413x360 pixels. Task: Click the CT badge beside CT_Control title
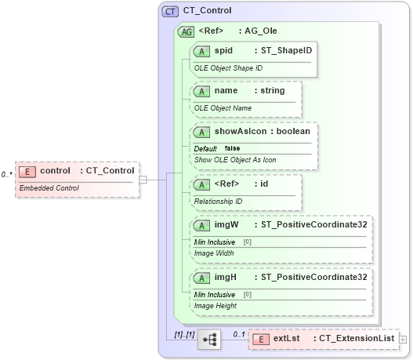pyautogui.click(x=169, y=12)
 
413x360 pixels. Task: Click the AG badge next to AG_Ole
pyautogui.click(x=186, y=32)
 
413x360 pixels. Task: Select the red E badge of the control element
pyautogui.click(x=27, y=171)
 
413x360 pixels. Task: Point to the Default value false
pyautogui.click(x=233, y=148)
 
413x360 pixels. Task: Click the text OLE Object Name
pyautogui.click(x=223, y=107)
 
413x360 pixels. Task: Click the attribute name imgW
pyautogui.click(x=226, y=225)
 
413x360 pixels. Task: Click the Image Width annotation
pyautogui.click(x=215, y=253)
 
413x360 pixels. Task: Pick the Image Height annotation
pyautogui.click(x=216, y=306)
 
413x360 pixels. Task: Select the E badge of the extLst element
pyautogui.click(x=261, y=339)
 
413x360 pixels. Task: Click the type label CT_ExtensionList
pyautogui.click(x=356, y=338)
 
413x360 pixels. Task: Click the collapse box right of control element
pyautogui.click(x=142, y=180)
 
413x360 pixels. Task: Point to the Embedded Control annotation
pyautogui.click(x=49, y=188)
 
